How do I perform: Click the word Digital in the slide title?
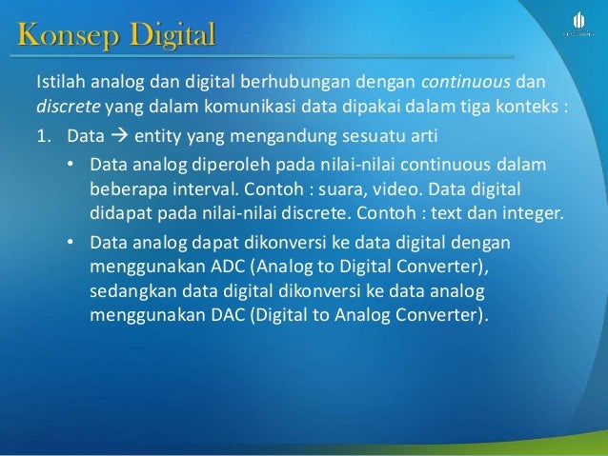pos(168,39)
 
